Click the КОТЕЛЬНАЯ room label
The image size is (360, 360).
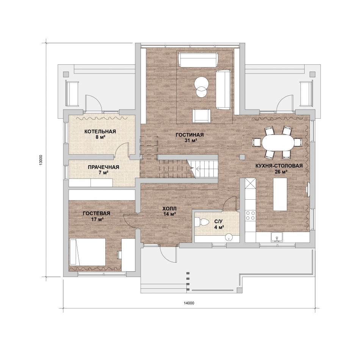[x=100, y=131]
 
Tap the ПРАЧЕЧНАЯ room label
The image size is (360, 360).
[x=103, y=167]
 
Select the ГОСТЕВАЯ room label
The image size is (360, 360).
[x=96, y=213]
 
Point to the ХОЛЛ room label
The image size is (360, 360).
[x=169, y=209]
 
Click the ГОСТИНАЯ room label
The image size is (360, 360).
[x=189, y=135]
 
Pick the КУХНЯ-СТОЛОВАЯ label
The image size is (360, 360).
[x=278, y=166]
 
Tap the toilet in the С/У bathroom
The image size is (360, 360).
[x=202, y=222]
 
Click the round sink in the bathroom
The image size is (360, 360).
[x=229, y=237]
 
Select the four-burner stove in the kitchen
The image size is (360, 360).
[x=250, y=216]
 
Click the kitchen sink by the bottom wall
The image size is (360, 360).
[x=277, y=237]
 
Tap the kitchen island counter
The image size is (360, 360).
[x=280, y=194]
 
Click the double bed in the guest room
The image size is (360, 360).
[x=88, y=252]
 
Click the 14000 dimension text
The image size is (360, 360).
[x=189, y=303]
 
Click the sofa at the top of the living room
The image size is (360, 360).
[x=198, y=59]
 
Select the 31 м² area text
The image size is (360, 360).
[x=189, y=141]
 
